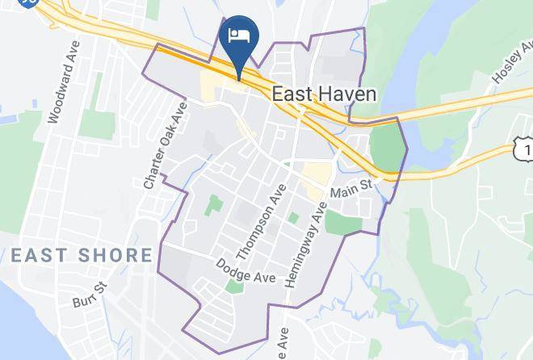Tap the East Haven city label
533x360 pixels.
pyautogui.click(x=324, y=94)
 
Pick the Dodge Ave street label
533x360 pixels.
pyautogui.click(x=246, y=270)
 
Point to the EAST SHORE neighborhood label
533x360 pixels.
pyautogui.click(x=82, y=256)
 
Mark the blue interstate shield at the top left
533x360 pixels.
pyautogui.click(x=29, y=3)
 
